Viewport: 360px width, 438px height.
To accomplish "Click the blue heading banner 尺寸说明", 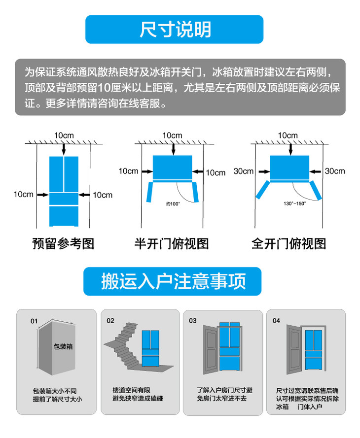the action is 174,30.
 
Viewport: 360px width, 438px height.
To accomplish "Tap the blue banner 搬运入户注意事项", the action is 173,281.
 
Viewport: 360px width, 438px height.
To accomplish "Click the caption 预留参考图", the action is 64,243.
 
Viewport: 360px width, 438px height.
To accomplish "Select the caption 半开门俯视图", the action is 172,243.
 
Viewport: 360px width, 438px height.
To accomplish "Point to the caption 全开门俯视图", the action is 288,243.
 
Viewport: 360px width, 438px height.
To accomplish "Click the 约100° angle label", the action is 173,204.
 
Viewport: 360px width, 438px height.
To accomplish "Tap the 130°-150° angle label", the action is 294,203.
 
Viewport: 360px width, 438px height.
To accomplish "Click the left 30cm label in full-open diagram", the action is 244,171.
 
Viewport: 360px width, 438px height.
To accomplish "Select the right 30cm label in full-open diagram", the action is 335,171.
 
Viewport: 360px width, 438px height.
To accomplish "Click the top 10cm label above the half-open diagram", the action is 172,135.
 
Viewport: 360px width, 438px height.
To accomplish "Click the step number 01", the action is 34,321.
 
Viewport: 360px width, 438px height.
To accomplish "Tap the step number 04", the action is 276,321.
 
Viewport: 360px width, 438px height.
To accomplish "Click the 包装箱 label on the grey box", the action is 63,347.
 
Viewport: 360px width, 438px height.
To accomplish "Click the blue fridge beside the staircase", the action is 150,348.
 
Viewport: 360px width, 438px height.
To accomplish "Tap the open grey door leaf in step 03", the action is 211,350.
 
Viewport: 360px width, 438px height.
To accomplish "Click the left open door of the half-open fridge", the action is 150,192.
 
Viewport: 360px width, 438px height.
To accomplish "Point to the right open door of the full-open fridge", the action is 316,190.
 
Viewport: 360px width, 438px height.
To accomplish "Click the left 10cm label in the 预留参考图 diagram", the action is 24,195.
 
